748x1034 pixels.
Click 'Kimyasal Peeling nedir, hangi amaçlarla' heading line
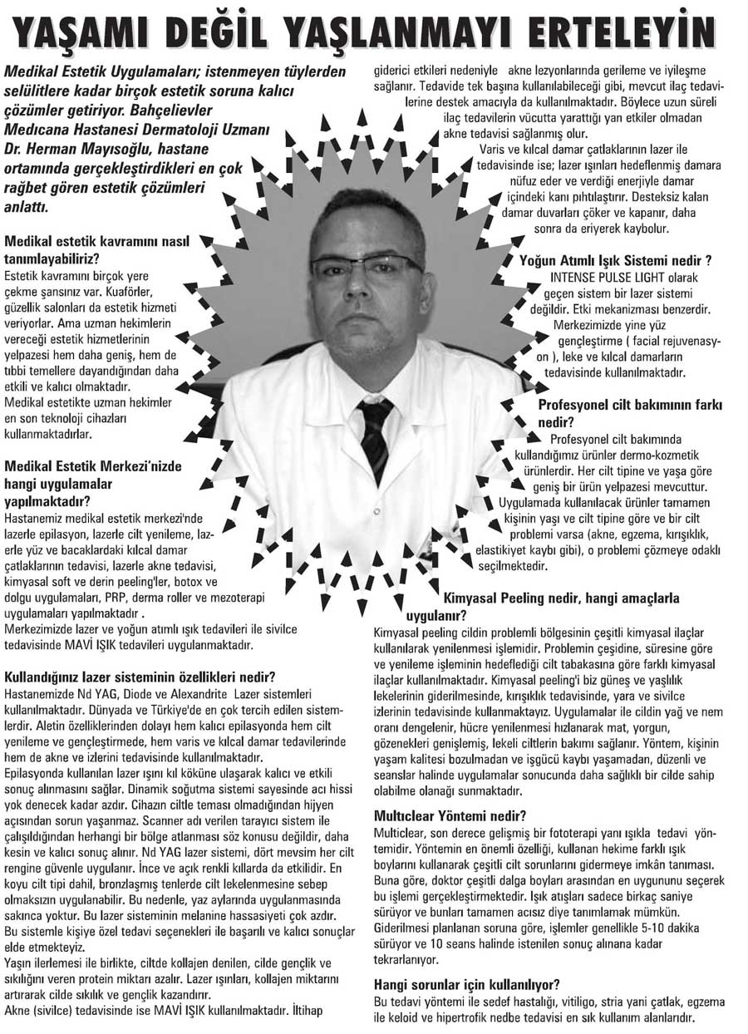point(561,598)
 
